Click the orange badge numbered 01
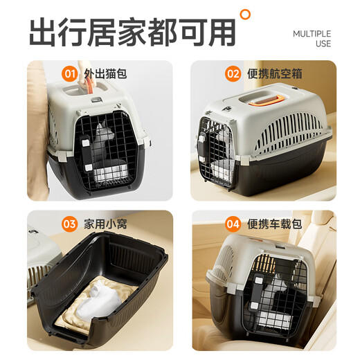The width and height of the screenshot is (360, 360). (x=70, y=73)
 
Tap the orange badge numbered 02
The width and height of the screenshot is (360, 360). (x=233, y=73)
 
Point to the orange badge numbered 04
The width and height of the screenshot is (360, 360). (x=233, y=224)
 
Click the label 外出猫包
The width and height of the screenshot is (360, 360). (x=105, y=73)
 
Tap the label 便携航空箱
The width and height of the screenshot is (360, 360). (x=274, y=73)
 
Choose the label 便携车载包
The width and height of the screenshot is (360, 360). (x=274, y=224)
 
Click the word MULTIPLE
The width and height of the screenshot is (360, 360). (x=312, y=33)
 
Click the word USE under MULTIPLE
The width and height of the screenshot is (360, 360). (x=323, y=44)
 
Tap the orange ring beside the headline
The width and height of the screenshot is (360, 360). (x=244, y=13)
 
